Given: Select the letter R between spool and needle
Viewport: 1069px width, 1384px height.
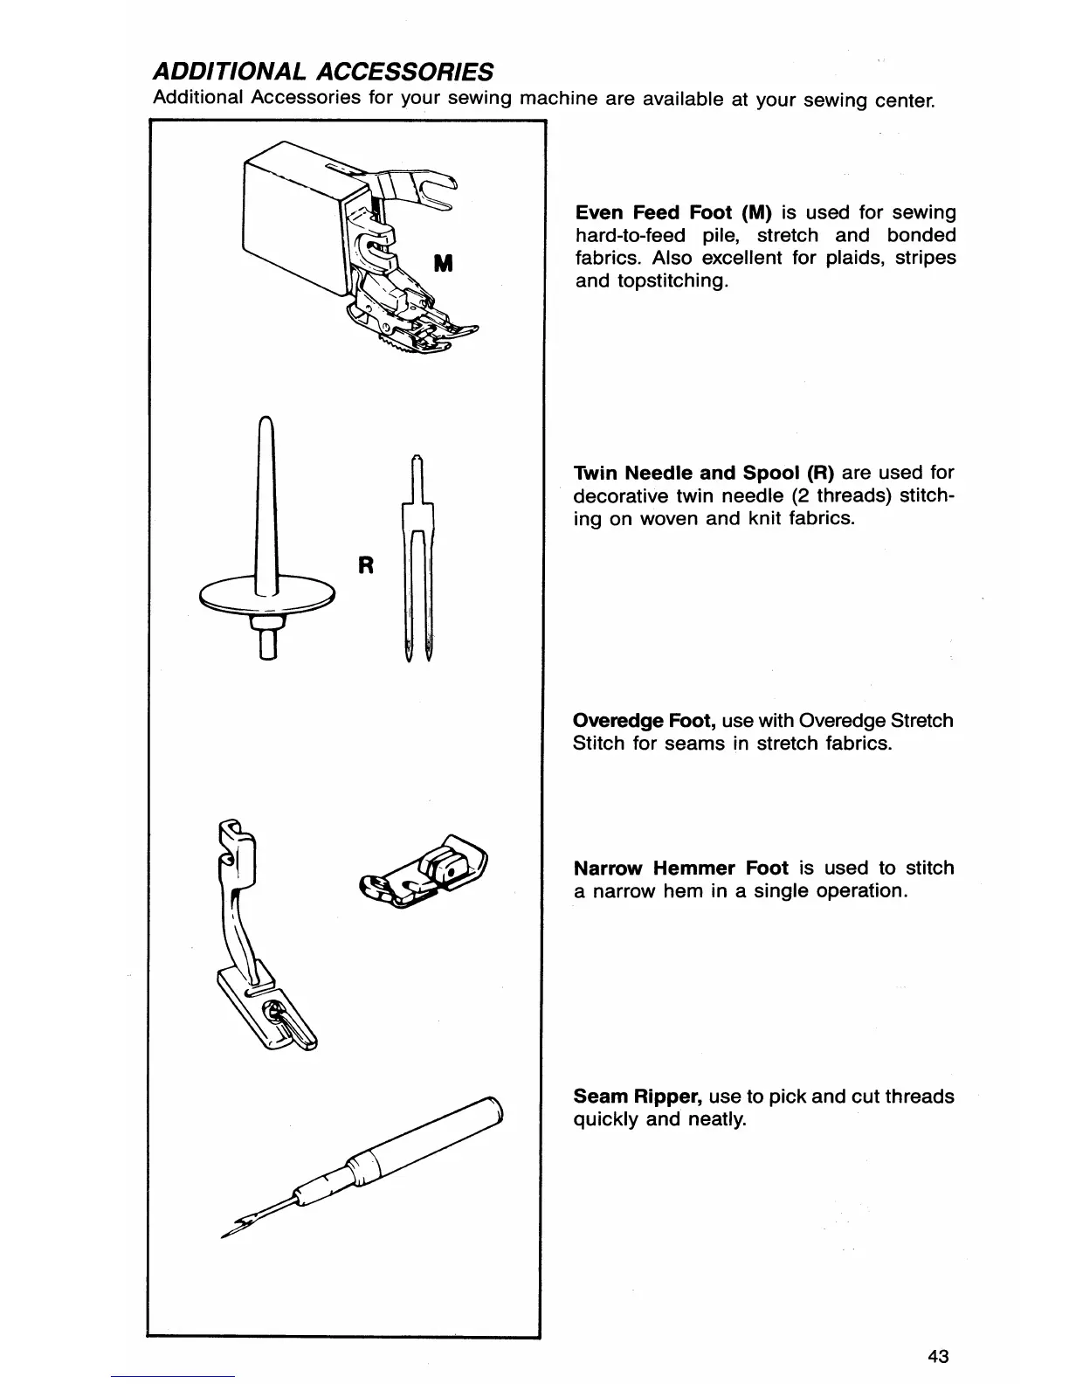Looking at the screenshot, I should pos(366,565).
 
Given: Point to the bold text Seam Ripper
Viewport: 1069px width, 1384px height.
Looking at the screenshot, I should pos(638,1097).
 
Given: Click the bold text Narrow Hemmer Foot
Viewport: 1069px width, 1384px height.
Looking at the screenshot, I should pos(681,868).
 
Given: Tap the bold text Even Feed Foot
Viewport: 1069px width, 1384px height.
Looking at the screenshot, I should pos(652,212).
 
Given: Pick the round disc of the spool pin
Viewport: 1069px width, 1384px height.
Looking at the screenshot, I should pos(267,595).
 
